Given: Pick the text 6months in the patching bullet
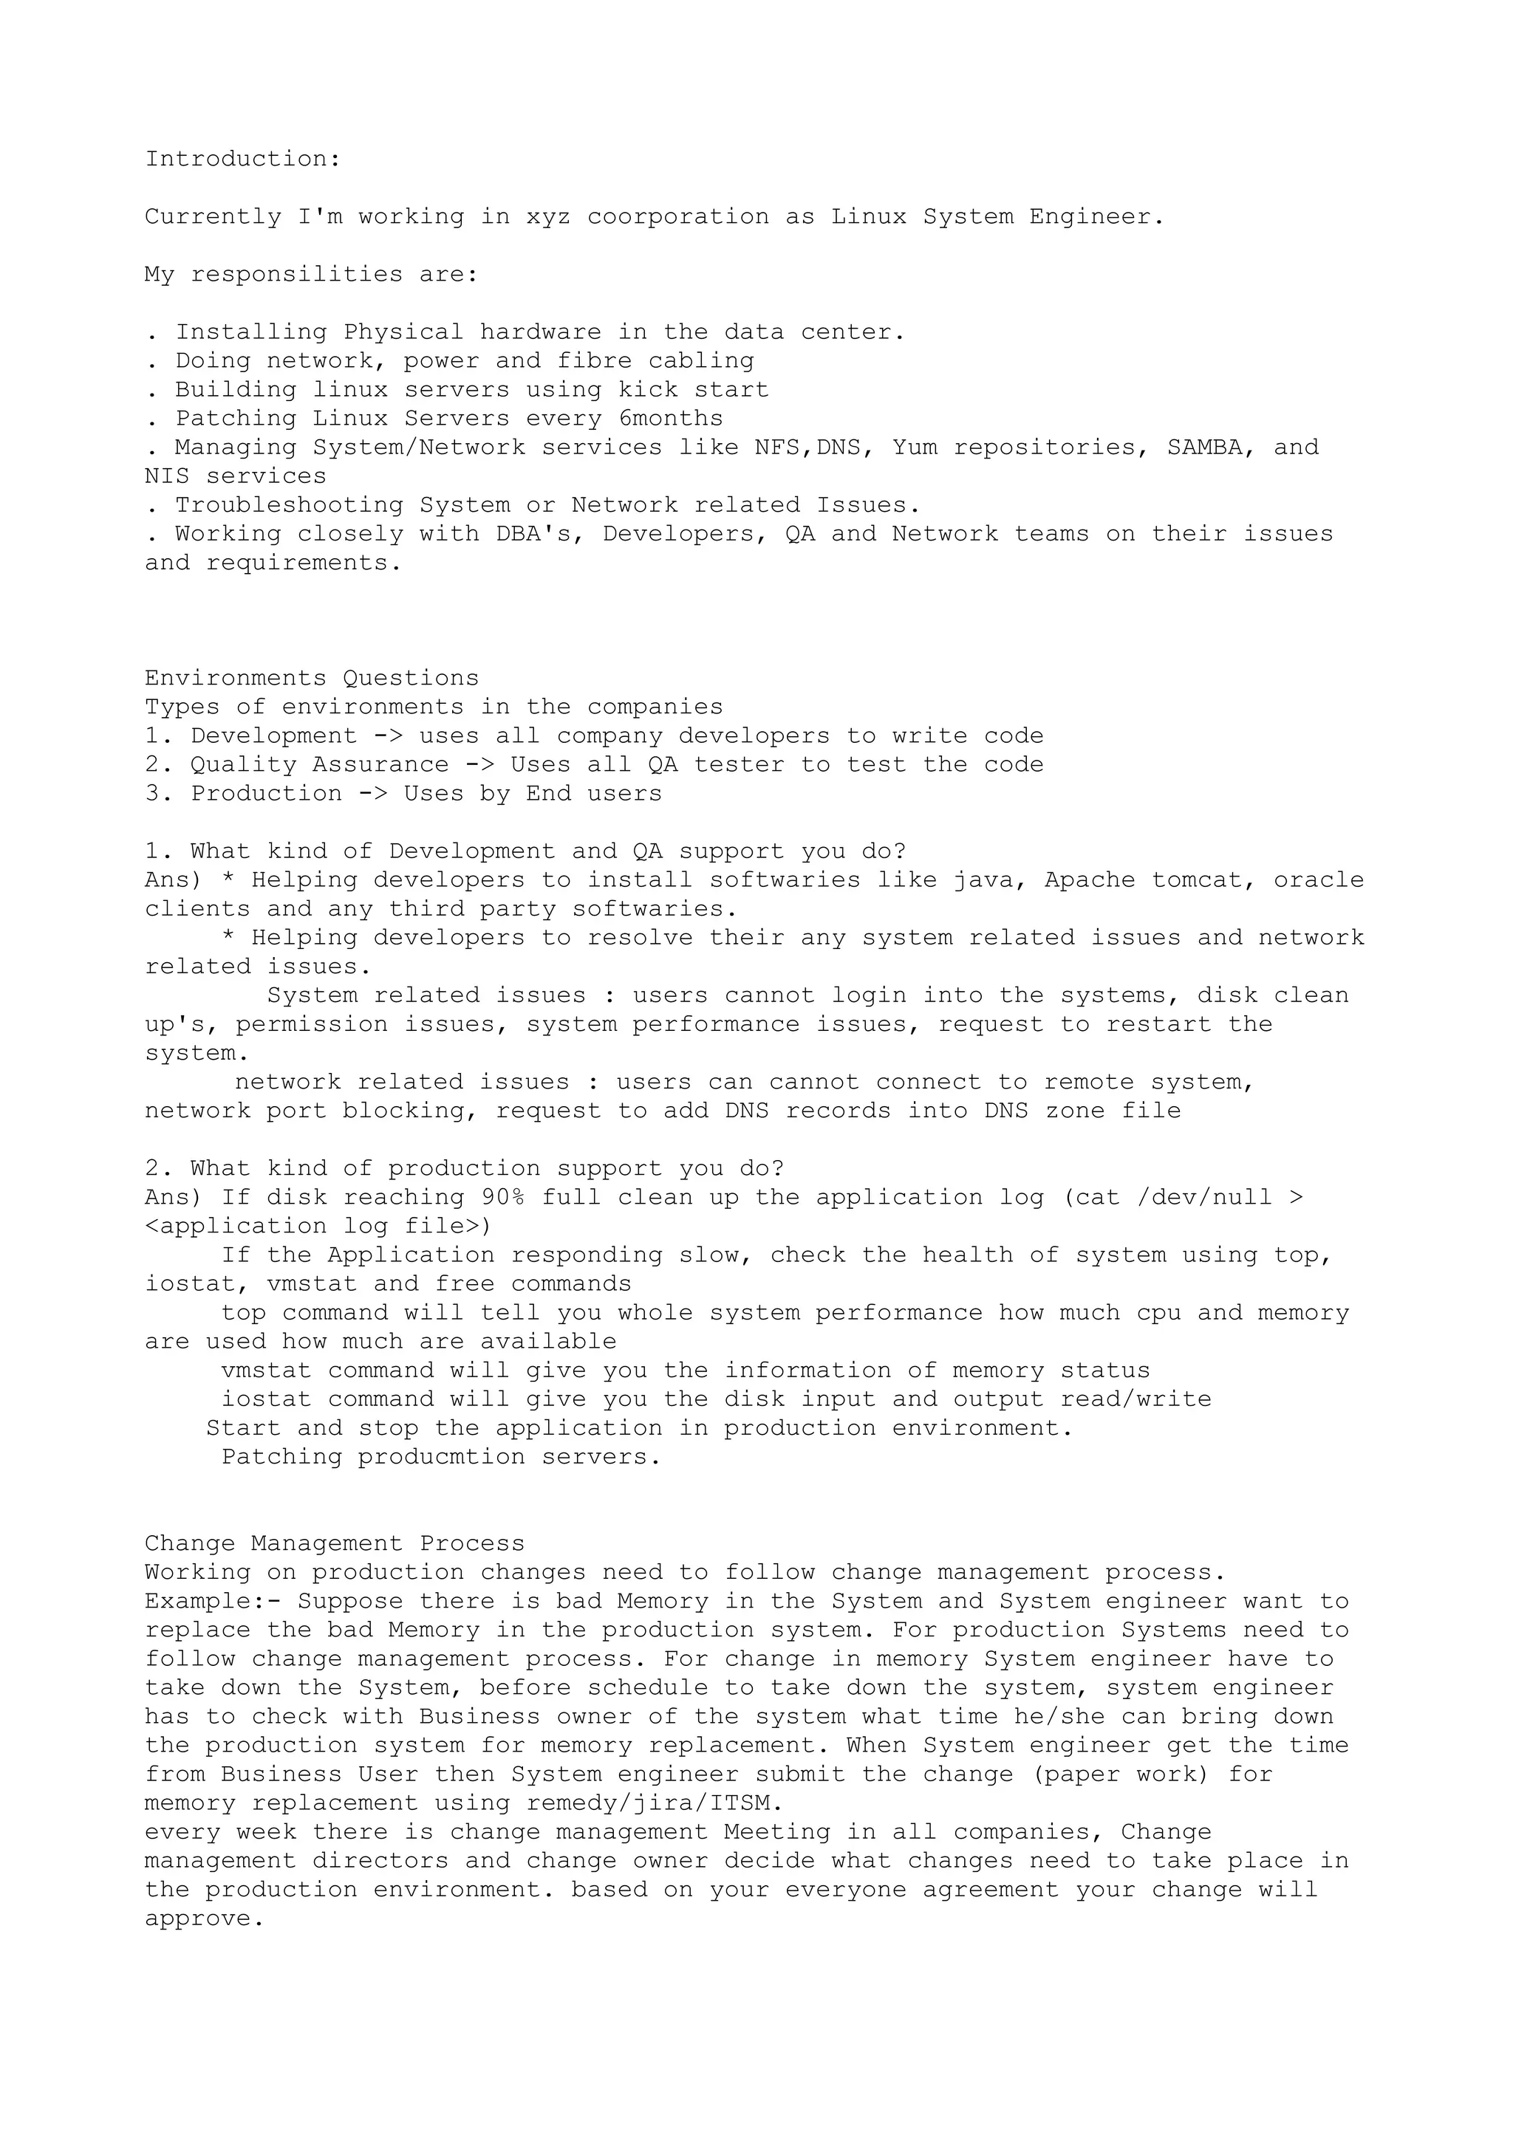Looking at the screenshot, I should pyautogui.click(x=670, y=419).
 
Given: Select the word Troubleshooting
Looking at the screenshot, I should pyautogui.click(x=289, y=506).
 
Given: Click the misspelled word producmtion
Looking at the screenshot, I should pyautogui.click(x=441, y=1458).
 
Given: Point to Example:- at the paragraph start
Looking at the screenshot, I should pyautogui.click(x=213, y=1602).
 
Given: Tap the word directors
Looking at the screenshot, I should pyautogui.click(x=380, y=1862).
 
